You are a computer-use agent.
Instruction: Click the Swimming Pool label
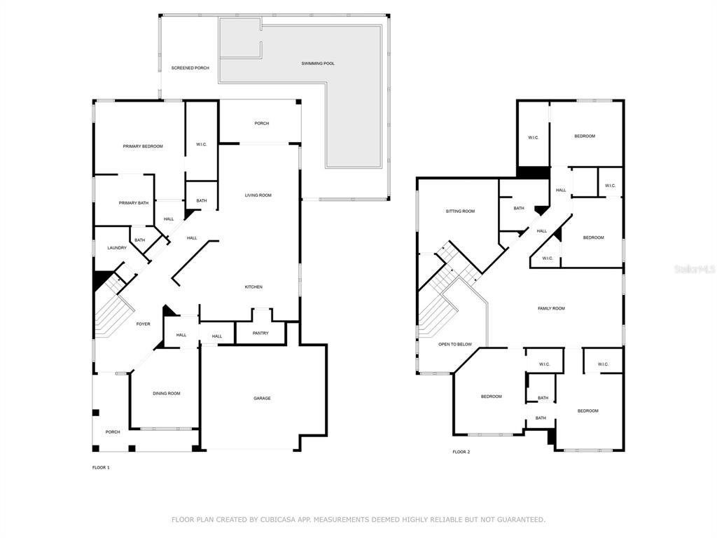[318, 63]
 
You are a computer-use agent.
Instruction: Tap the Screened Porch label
[190, 68]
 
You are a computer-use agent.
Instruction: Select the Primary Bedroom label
[143, 146]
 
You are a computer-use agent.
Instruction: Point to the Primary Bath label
[134, 202]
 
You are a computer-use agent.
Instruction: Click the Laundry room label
[117, 248]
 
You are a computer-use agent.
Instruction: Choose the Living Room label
[258, 195]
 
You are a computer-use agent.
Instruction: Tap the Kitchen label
[253, 287]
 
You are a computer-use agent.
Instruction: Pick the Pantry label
[260, 333]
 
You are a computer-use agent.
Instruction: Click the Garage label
[262, 399]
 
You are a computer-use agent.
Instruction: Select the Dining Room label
[167, 394]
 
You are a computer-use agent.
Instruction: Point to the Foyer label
[143, 324]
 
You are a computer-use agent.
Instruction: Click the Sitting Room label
[460, 212]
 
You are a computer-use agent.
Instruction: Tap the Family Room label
[552, 308]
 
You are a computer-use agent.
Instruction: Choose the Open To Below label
[455, 344]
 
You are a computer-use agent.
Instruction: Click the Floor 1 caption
[101, 467]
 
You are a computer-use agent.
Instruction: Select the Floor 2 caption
[461, 452]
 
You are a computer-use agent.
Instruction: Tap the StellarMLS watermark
[695, 270]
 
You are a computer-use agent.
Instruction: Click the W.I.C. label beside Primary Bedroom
[202, 144]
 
